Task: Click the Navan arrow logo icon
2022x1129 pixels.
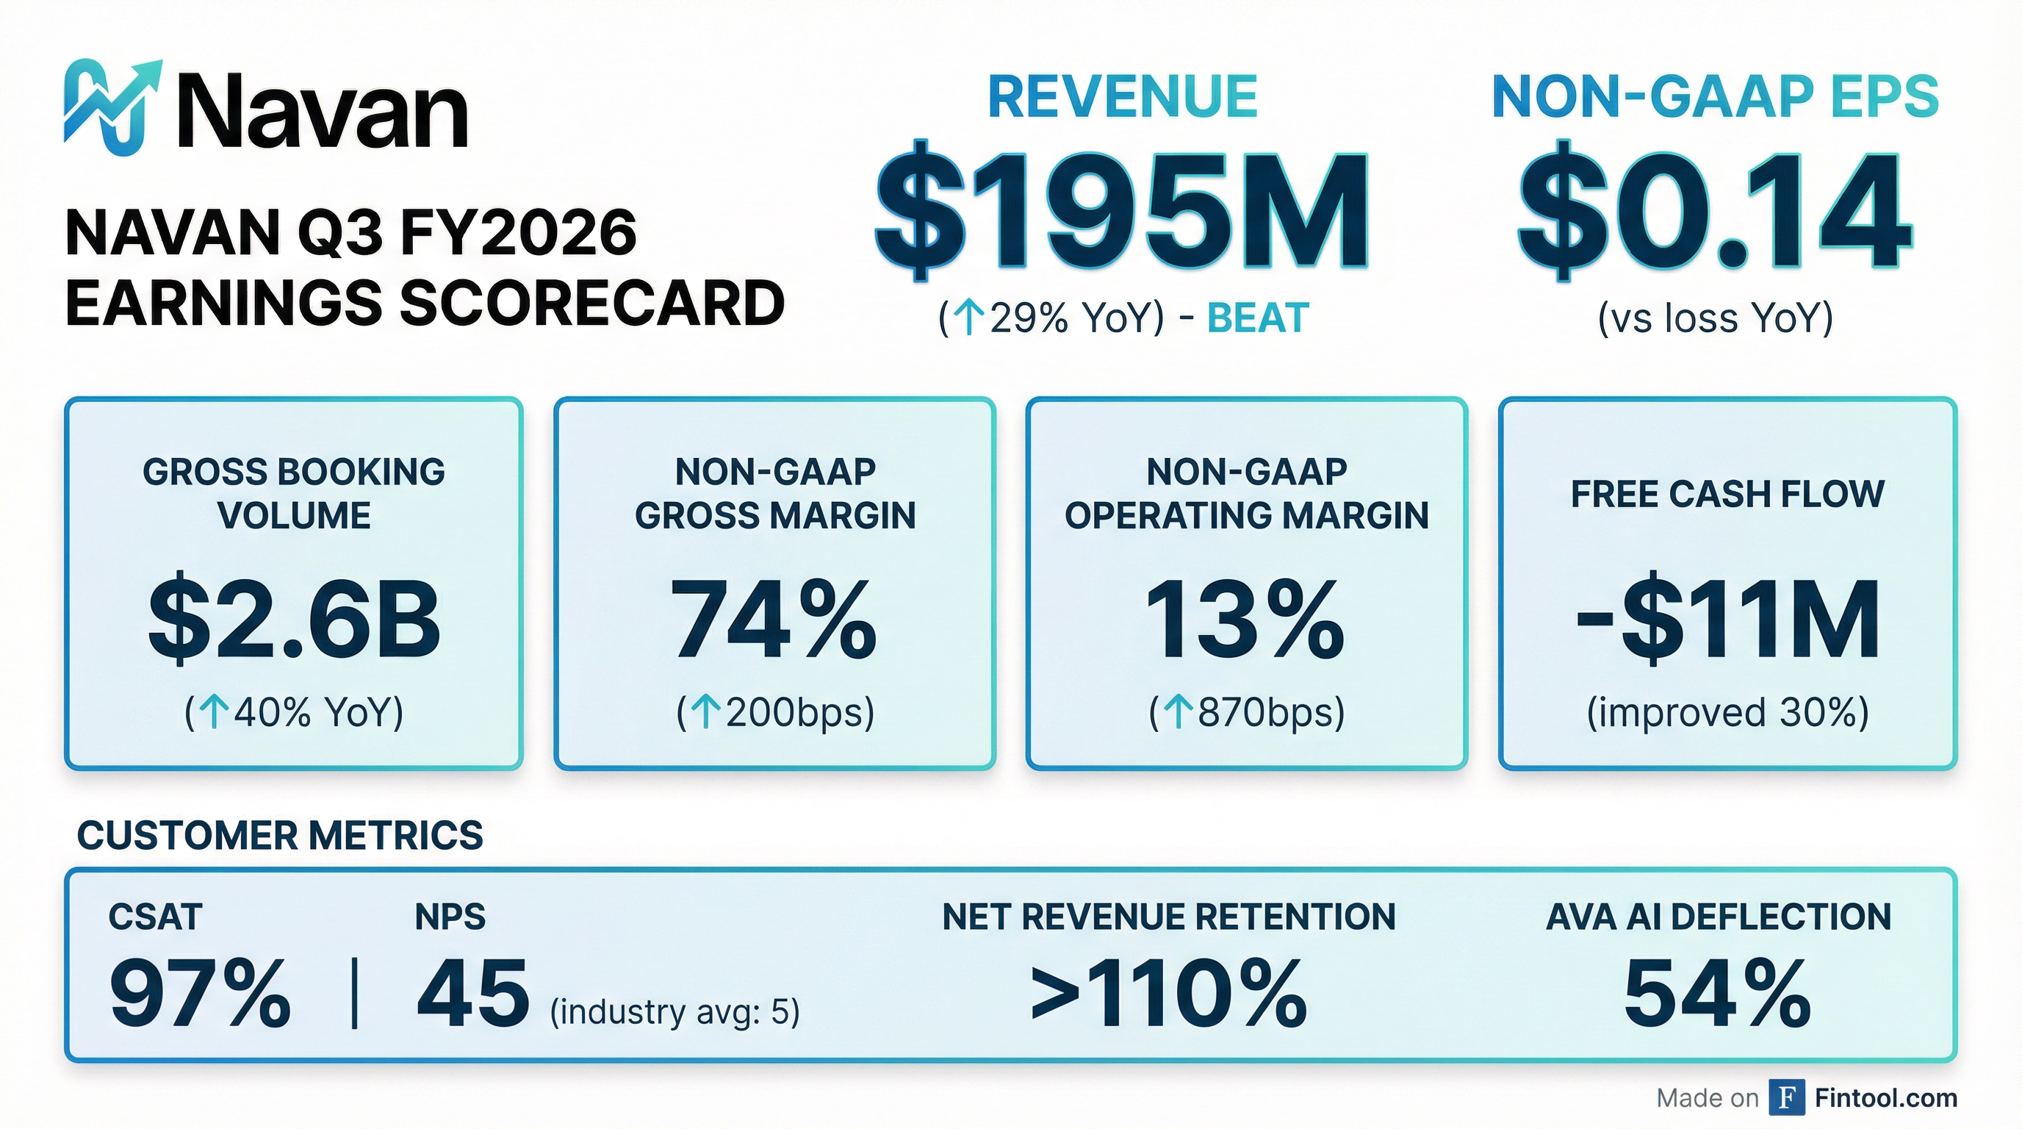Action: pos(112,107)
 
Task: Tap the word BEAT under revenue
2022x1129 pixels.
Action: pos(1257,319)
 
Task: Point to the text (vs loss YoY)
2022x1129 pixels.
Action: pos(1715,319)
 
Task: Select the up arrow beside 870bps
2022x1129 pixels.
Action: pos(1177,713)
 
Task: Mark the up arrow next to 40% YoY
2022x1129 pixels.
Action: pos(214,713)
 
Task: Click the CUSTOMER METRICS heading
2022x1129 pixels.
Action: pos(279,836)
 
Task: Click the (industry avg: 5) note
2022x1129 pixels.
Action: pos(674,1012)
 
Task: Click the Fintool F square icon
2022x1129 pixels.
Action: pos(1787,1097)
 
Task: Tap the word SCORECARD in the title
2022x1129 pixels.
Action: pos(592,304)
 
